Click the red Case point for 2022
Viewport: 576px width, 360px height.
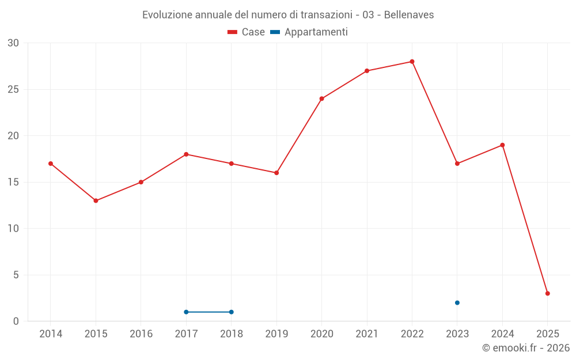click(x=412, y=62)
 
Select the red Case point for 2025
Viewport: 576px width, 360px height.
click(x=547, y=293)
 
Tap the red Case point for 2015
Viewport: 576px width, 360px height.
click(x=96, y=200)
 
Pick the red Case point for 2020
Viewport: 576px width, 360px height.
click(x=321, y=98)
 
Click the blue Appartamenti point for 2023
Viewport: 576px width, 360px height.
click(x=457, y=302)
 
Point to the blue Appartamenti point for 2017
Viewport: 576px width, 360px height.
click(x=186, y=312)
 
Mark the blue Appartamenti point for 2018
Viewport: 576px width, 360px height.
click(x=231, y=312)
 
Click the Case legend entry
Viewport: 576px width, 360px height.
click(x=247, y=32)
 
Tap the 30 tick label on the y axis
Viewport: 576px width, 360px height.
click(x=13, y=43)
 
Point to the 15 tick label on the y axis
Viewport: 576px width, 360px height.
click(x=13, y=182)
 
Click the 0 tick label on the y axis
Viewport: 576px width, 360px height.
click(x=16, y=321)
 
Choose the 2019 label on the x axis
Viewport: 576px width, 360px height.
click(x=276, y=334)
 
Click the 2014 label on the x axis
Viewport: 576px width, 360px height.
click(x=51, y=334)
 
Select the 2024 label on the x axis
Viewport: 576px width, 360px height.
click(x=502, y=334)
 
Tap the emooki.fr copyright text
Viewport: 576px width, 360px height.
click(x=526, y=348)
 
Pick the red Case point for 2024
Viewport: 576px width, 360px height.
click(x=502, y=145)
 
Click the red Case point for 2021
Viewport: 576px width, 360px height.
click(x=367, y=71)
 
